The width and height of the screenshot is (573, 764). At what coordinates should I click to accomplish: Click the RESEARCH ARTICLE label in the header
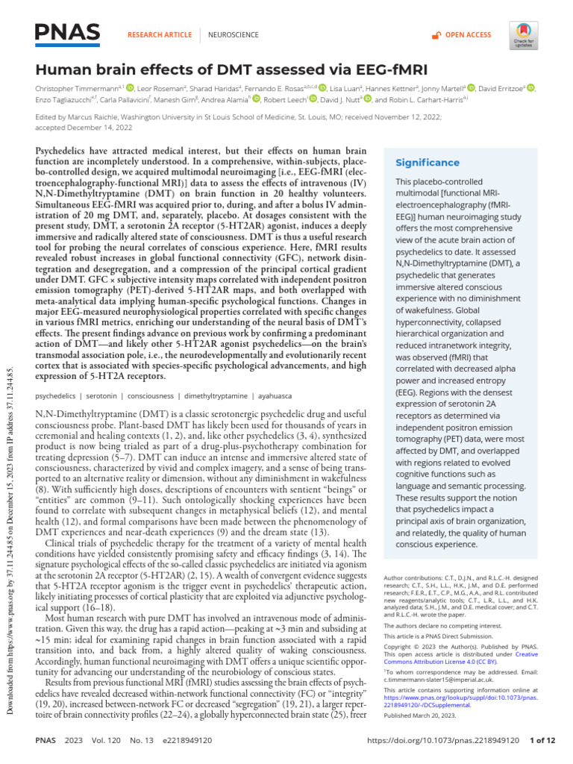(x=160, y=35)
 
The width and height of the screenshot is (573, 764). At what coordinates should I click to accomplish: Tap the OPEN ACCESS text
(x=468, y=35)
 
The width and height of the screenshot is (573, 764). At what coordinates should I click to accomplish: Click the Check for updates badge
(x=523, y=35)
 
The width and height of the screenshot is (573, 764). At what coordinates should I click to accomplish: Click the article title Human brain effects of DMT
(x=231, y=70)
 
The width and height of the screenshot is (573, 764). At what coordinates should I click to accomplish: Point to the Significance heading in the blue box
(x=428, y=163)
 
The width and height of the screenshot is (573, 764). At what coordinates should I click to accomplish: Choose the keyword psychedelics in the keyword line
(x=57, y=395)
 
